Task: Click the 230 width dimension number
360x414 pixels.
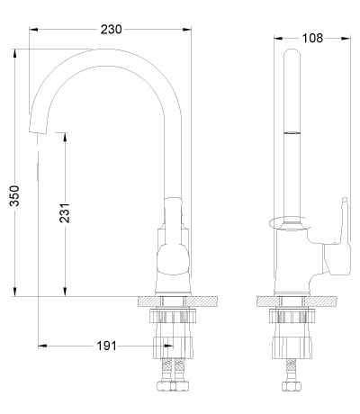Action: (x=111, y=30)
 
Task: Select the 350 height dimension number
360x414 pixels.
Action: (x=14, y=195)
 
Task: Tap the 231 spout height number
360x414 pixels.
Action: (x=65, y=213)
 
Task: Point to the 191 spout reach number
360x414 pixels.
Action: (x=106, y=346)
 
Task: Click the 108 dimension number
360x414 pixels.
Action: (x=312, y=38)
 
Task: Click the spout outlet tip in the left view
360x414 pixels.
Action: (x=38, y=131)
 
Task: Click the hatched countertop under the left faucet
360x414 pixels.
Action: (x=177, y=301)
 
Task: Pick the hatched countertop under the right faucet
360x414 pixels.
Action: (x=296, y=301)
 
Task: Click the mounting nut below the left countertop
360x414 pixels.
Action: (x=173, y=316)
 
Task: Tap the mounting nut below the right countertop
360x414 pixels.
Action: (x=292, y=316)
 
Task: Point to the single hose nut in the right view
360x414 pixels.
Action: (x=291, y=386)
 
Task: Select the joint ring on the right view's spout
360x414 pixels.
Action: (x=292, y=132)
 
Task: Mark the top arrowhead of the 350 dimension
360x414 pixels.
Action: (x=14, y=53)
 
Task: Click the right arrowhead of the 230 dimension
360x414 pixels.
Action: (x=186, y=30)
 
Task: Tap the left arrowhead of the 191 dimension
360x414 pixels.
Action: (x=42, y=346)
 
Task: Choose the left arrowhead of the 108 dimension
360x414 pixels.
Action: (x=278, y=38)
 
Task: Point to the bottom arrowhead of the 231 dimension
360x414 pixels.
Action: (x=65, y=292)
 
